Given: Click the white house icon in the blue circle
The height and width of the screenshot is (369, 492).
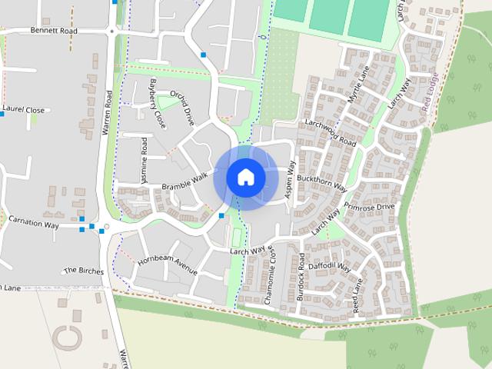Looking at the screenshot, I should click(245, 177).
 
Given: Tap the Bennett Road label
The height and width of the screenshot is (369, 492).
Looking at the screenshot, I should click(54, 31).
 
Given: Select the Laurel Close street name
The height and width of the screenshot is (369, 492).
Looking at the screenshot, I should click(24, 110).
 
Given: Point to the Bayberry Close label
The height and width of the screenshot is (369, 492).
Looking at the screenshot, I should click(158, 102).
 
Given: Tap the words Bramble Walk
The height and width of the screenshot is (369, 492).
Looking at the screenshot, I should click(184, 181).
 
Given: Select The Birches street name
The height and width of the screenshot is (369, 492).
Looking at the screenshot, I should click(83, 270).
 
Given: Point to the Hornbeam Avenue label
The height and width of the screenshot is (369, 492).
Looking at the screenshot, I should click(168, 262).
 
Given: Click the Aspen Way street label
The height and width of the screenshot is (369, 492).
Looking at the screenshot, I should click(291, 181).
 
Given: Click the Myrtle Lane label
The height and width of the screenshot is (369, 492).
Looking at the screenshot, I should click(358, 82).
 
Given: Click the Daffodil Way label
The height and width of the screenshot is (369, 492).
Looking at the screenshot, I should click(330, 268).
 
